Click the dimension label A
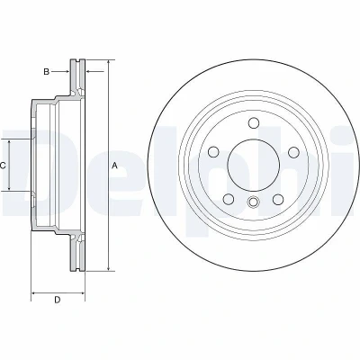point(114,166)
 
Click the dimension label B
point(46,72)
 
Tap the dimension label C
point(3,166)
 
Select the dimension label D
point(58,300)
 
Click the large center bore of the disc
point(254,165)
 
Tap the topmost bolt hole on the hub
point(254,122)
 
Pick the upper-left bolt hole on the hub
point(213,152)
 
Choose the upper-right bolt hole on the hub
point(293,152)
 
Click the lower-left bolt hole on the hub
point(229,199)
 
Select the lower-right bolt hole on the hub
point(278,199)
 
